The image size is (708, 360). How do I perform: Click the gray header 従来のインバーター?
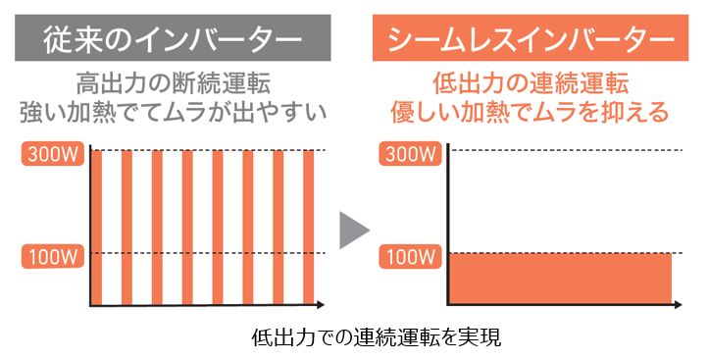click(x=172, y=40)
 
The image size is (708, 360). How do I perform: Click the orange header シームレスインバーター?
click(x=531, y=40)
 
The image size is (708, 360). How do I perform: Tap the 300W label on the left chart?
click(x=46, y=152)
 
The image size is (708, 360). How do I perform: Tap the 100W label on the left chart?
click(x=46, y=257)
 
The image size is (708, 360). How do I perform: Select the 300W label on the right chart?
click(x=406, y=152)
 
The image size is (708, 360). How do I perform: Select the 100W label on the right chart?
click(x=406, y=257)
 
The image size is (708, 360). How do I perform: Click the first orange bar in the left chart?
click(x=97, y=226)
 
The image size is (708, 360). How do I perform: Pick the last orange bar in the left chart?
click(x=308, y=226)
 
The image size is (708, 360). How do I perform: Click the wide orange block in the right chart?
click(x=560, y=278)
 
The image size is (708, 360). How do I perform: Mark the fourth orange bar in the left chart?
click(x=187, y=226)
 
